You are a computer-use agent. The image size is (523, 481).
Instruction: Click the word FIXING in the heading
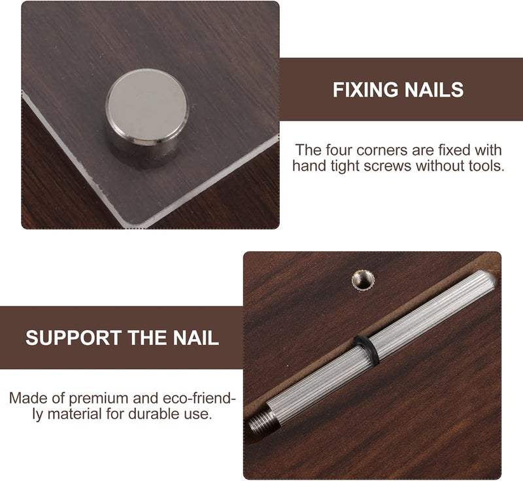coord(365,90)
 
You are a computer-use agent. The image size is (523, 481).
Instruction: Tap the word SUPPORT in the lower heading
coord(74,338)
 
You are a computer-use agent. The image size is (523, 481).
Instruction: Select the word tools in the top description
coord(486,165)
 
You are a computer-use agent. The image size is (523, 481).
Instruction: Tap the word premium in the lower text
coord(99,399)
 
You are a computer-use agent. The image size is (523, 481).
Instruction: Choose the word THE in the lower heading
coord(147,338)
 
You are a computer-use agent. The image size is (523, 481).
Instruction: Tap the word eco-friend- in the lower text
coord(199,399)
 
